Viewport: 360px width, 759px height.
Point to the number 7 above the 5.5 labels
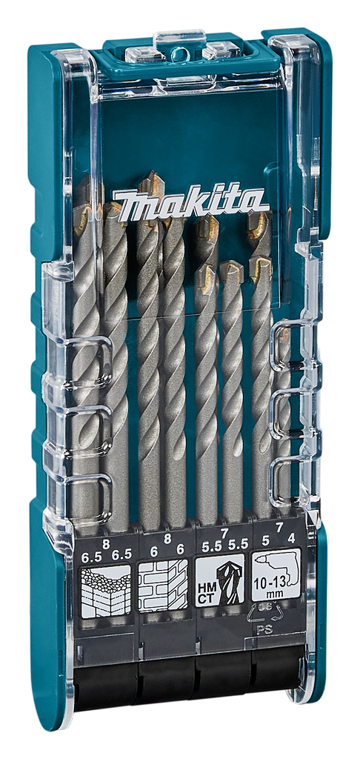pyautogui.click(x=224, y=533)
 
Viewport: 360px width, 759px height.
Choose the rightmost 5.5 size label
pyautogui.click(x=238, y=545)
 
